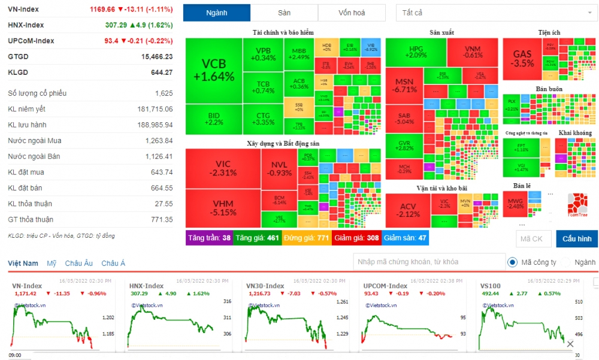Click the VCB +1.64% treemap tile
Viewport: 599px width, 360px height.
(213, 71)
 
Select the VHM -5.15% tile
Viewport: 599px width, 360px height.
(223, 208)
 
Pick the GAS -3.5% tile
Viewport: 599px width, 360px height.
(523, 58)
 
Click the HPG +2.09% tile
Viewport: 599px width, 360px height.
(416, 52)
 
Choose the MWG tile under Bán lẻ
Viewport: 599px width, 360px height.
(515, 203)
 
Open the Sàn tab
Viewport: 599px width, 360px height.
(284, 13)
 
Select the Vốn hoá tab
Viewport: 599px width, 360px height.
(351, 13)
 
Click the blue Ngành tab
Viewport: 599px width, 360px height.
(217, 13)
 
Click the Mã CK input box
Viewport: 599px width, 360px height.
(534, 239)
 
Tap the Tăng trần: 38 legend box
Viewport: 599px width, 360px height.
(209, 238)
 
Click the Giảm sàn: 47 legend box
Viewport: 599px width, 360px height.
(405, 238)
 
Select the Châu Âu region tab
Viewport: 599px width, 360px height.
(78, 263)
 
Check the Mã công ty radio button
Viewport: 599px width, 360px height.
(513, 262)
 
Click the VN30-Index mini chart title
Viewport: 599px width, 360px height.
(265, 286)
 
